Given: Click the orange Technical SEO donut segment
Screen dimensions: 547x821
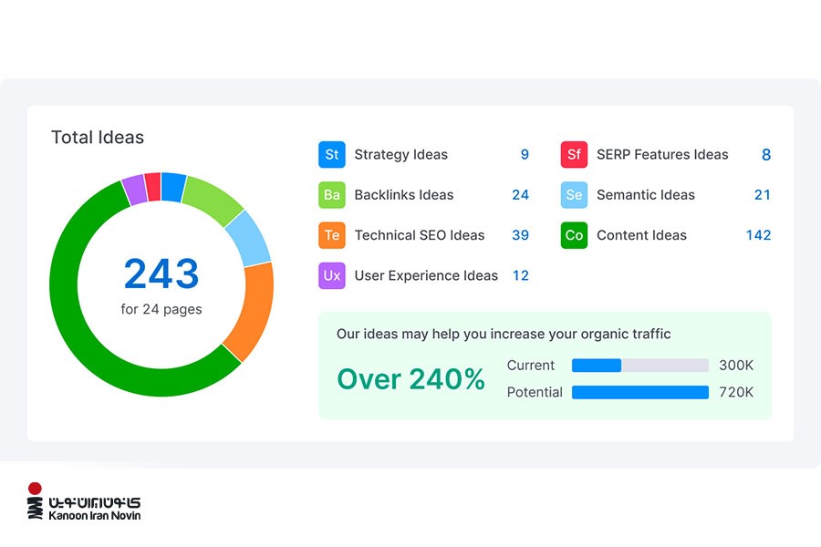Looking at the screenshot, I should click(253, 310).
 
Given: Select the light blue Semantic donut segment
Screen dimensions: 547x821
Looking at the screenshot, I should click(249, 238).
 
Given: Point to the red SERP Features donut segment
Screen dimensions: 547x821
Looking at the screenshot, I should click(152, 187).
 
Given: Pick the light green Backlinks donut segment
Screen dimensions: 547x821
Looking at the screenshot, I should click(213, 200).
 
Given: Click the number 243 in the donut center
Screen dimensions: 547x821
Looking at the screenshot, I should click(161, 273).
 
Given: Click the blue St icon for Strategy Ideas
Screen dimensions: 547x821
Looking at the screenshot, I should click(331, 155).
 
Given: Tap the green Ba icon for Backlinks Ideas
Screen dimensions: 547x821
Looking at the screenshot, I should click(331, 195).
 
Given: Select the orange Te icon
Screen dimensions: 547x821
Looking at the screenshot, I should click(331, 235).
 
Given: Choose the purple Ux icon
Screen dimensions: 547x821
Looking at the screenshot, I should click(331, 275).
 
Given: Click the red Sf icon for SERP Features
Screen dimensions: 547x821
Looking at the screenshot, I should click(573, 155).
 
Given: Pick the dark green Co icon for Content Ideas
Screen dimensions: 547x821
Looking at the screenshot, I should click(573, 235).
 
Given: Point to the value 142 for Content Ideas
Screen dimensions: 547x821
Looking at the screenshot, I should click(758, 235).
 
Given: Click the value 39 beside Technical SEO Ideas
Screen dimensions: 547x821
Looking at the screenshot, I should click(520, 235).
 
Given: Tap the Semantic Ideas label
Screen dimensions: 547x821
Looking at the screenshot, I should click(645, 195).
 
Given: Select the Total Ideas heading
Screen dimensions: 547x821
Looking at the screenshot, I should click(98, 138).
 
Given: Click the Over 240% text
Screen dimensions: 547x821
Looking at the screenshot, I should click(410, 379).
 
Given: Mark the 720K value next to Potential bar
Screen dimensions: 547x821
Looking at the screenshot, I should click(736, 392).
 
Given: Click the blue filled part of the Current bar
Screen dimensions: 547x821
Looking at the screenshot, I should click(596, 366).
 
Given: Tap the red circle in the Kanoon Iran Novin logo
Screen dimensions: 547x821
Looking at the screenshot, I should click(35, 489).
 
